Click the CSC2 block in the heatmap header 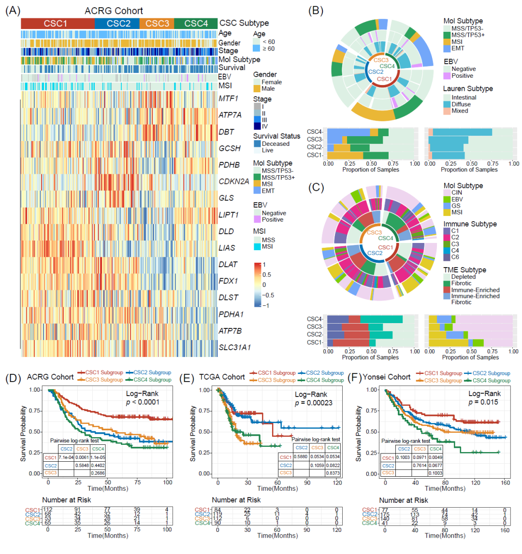click(x=117, y=23)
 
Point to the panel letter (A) click(x=13, y=10)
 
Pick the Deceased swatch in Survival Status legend click(x=257, y=143)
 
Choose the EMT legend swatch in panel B click(x=448, y=48)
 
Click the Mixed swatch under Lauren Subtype click(x=448, y=111)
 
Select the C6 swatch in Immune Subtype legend click(x=448, y=257)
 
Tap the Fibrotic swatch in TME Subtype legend click(x=448, y=284)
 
